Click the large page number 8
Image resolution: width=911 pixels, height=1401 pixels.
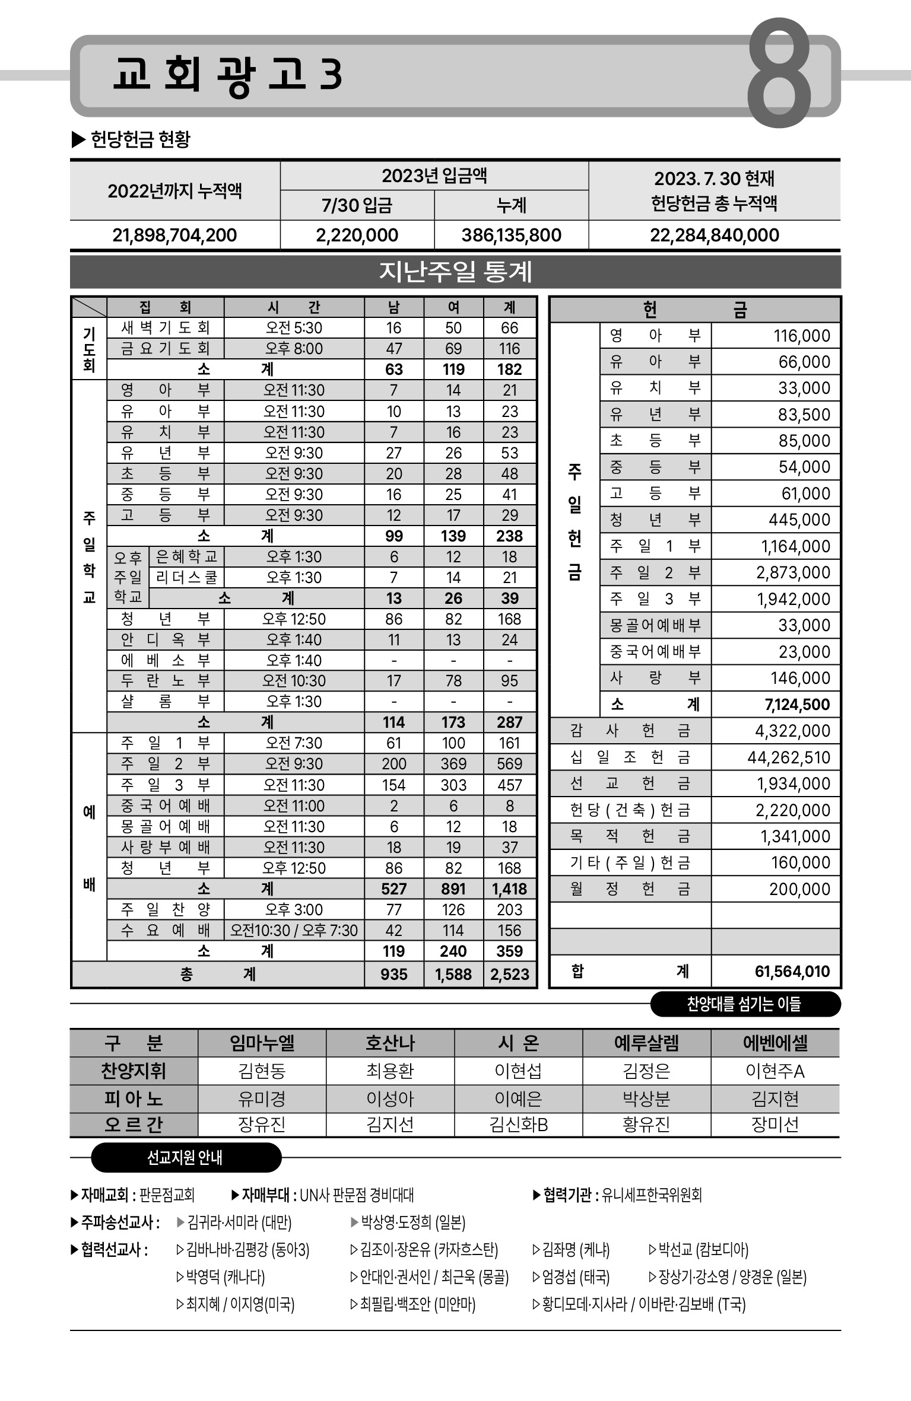point(779,74)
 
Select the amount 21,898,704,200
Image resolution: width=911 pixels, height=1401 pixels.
point(174,235)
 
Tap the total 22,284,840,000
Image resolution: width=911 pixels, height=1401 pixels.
point(714,235)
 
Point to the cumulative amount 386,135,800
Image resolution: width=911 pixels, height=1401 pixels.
point(511,235)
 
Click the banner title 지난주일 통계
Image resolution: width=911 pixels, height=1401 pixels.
point(455,272)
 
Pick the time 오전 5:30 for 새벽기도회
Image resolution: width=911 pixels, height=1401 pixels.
point(294,328)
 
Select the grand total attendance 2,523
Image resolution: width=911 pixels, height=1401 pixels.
point(509,975)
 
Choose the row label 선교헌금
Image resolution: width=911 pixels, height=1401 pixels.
point(630,784)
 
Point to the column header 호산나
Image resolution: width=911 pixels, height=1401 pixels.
point(390,1043)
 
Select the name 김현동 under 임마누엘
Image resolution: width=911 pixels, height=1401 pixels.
point(262,1071)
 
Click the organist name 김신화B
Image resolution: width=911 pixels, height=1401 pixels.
point(518,1124)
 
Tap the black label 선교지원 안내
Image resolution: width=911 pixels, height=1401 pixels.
point(185,1157)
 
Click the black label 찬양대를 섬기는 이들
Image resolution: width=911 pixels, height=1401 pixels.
point(744,1004)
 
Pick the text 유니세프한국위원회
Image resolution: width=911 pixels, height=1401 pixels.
point(651,1195)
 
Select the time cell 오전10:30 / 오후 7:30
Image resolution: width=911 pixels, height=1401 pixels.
point(294,930)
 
